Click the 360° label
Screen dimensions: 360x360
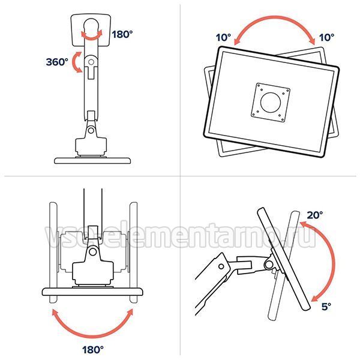coord(57,62)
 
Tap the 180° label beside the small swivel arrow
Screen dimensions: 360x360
coord(122,34)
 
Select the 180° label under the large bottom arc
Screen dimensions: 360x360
coord(93,350)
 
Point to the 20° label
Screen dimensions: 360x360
coord(315,215)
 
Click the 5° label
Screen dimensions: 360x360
coord(326,307)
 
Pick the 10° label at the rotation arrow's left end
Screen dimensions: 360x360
coord(224,38)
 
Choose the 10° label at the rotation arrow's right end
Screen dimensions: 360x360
coord(327,37)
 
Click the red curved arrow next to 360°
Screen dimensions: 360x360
coord(74,62)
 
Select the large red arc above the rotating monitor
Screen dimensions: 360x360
coord(275,17)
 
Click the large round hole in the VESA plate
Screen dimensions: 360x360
coord(271,103)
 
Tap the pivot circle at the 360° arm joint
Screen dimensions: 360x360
coord(91,62)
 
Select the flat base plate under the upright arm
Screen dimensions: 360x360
coord(92,160)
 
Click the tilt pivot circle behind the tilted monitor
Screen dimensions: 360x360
coord(268,265)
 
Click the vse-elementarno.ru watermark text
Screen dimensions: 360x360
coord(181,236)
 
